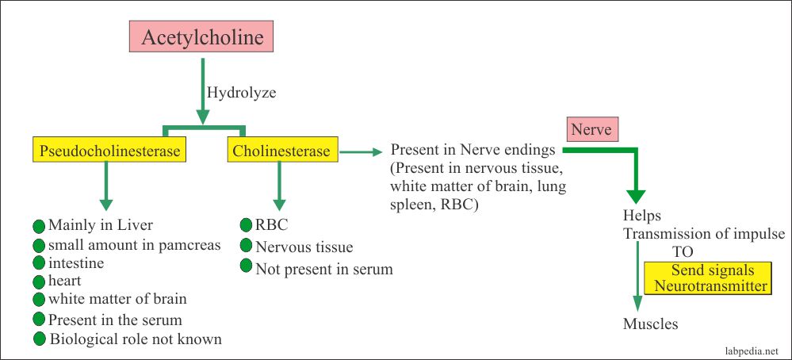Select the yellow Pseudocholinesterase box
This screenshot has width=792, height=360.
109,150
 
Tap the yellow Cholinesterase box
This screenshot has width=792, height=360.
282,150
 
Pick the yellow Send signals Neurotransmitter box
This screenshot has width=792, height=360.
710,278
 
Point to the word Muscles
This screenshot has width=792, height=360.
651,324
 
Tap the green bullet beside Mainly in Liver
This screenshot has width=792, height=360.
39,224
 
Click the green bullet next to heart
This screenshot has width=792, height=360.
39,281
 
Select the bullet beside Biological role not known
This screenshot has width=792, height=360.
39,339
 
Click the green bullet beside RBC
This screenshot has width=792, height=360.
247,224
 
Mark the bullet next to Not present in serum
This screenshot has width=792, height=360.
247,266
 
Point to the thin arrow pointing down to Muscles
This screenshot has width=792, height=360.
637,278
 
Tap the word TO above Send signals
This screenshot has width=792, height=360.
683,251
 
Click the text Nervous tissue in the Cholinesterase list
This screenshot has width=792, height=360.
304,247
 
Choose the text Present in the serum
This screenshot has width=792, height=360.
115,320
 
